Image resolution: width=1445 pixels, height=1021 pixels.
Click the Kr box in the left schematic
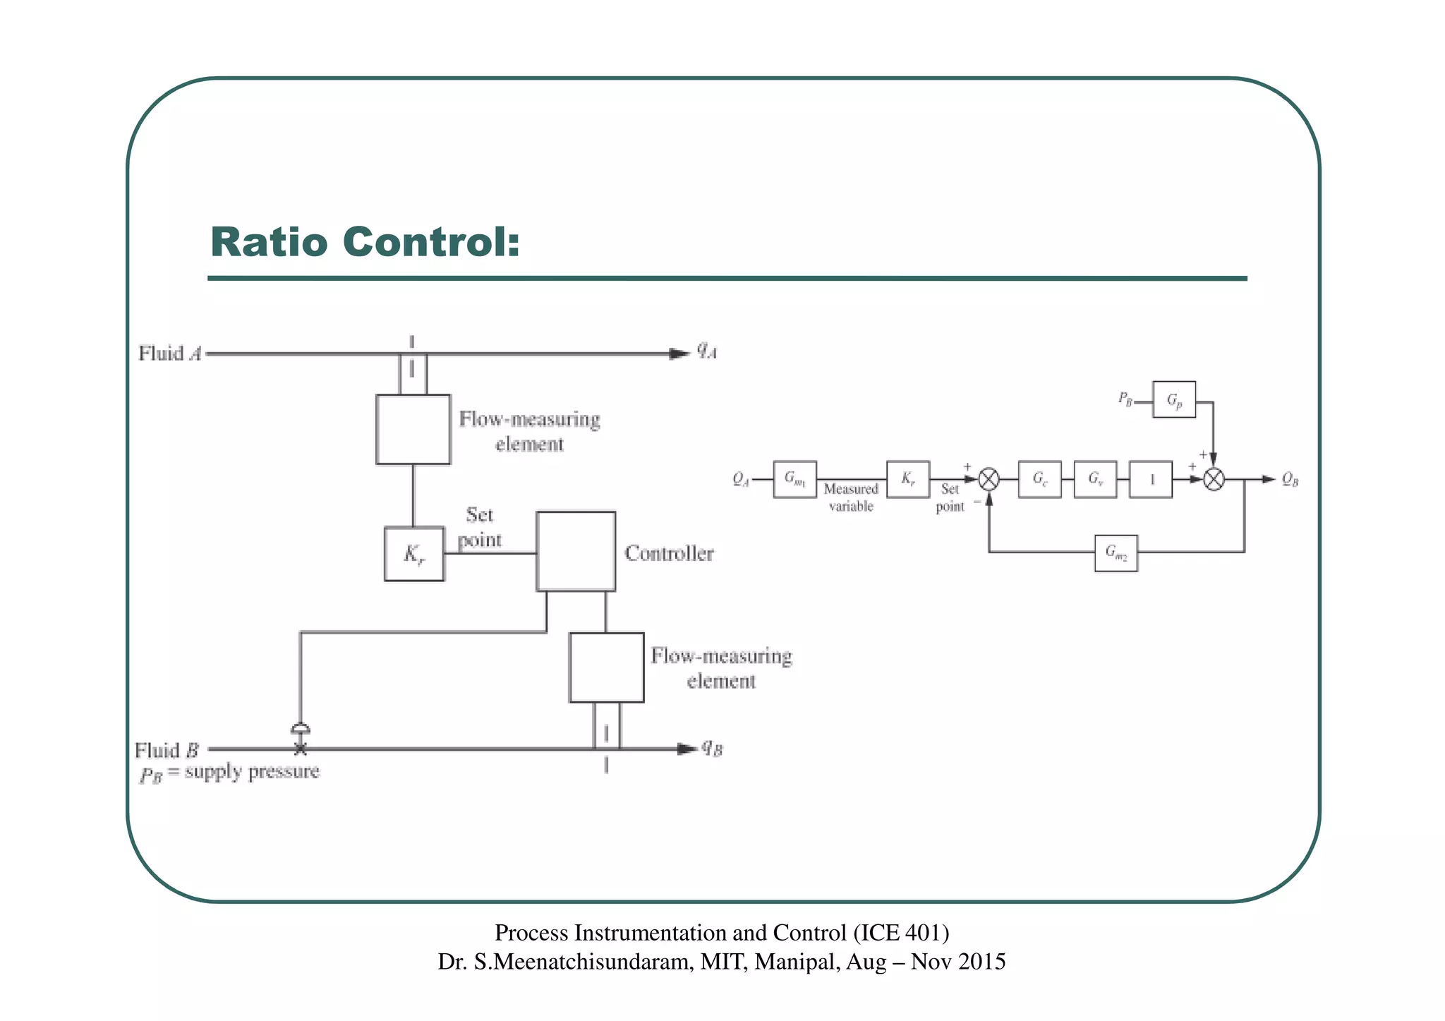point(414,554)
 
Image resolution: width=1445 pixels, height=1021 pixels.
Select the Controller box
point(576,551)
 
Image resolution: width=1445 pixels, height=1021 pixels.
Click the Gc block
point(1039,479)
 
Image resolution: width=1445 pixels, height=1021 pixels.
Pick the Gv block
point(1095,479)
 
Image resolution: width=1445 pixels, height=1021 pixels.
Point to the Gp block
point(1174,399)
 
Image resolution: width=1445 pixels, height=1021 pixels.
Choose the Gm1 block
point(794,479)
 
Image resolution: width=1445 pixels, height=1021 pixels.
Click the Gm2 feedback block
point(1116,552)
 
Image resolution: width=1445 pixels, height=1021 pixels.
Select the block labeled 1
point(1151,479)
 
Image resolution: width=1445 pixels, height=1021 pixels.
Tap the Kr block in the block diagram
point(908,479)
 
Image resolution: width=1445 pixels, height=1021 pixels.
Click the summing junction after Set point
point(989,480)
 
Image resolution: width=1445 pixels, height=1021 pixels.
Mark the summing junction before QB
point(1214,480)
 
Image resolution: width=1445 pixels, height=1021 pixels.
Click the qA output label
point(707,350)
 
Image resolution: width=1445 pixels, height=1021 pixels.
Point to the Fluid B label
point(167,749)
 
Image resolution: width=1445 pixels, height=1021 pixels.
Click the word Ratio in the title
point(269,242)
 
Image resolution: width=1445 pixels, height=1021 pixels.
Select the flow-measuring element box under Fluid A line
point(413,429)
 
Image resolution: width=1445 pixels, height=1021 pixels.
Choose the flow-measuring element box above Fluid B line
point(606,667)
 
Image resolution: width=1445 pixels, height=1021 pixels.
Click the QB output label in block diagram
point(1290,479)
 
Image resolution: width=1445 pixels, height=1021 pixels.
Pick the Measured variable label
point(850,497)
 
